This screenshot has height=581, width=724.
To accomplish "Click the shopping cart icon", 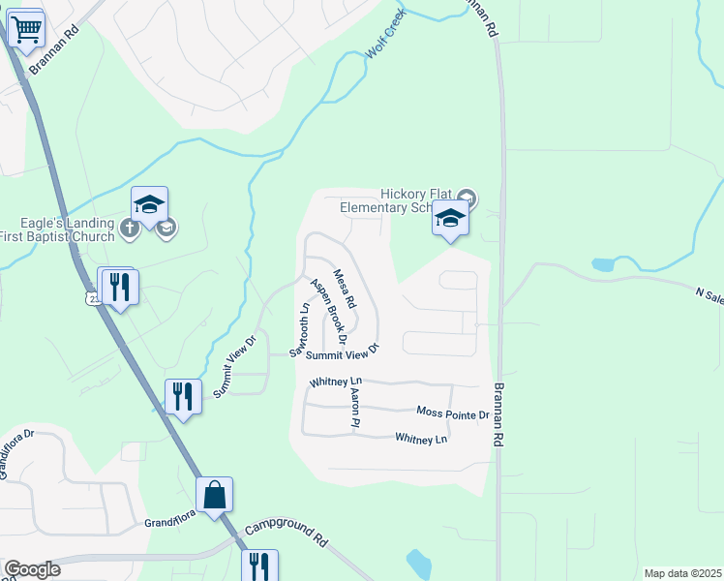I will (26, 29).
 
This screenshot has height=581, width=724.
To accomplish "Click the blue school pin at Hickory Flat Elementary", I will (450, 221).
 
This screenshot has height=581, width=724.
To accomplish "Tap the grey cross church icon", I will (130, 229).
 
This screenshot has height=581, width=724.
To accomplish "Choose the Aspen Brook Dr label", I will (328, 312).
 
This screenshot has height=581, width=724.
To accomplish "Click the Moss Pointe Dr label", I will (453, 413).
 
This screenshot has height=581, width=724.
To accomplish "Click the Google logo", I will (33, 569).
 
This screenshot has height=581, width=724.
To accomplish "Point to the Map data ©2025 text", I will (681, 573).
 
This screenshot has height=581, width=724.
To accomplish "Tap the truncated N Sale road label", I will (709, 295).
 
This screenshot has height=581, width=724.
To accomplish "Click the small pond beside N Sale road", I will (603, 264).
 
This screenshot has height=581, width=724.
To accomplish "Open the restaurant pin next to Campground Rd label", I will (259, 565).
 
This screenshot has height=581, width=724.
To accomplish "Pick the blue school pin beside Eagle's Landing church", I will (150, 204).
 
